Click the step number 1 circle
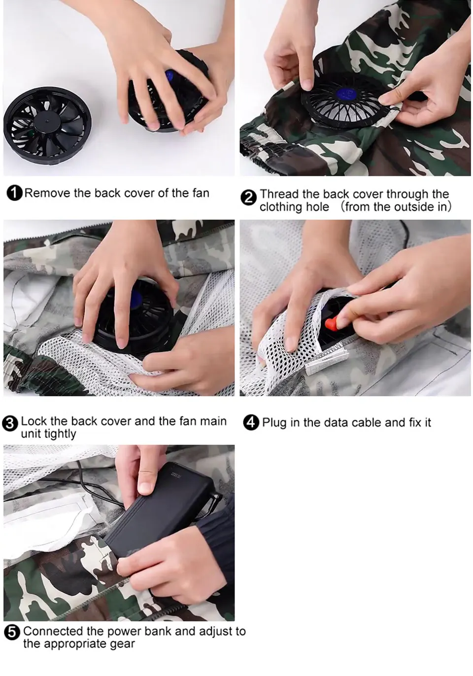[14, 193]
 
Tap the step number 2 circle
[248, 198]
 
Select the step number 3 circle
[10, 423]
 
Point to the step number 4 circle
[251, 423]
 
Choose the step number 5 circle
[12, 633]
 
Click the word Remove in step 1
[47, 193]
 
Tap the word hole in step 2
[317, 207]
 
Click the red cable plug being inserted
[331, 324]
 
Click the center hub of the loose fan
[47, 122]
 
